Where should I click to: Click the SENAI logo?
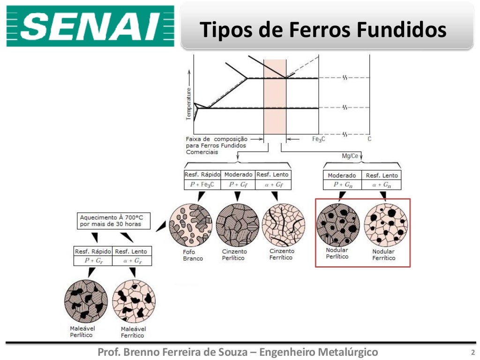point(90,27)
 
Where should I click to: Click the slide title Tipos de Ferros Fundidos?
point(323,30)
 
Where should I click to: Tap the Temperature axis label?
point(189,103)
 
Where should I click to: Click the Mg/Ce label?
point(350,156)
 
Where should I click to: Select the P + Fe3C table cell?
point(202,185)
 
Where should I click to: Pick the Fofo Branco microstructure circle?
point(190,225)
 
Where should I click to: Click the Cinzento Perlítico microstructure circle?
point(237,225)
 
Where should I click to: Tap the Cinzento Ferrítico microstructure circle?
point(283,225)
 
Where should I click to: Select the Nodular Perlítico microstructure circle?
point(338,225)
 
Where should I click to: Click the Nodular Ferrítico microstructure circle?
point(386,225)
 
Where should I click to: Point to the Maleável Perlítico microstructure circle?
point(86,301)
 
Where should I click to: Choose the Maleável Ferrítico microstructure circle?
point(134,301)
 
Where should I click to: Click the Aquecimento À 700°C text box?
point(115,221)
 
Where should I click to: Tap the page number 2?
point(472,352)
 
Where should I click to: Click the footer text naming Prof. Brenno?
point(237,352)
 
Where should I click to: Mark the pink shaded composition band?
point(275,98)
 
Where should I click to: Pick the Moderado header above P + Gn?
point(342,175)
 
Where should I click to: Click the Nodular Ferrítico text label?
point(383,255)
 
